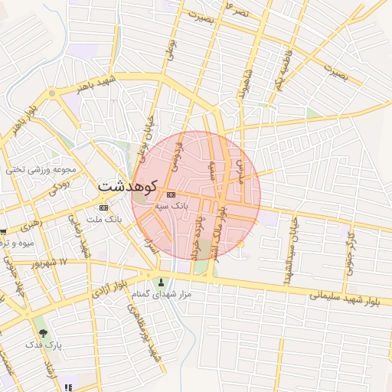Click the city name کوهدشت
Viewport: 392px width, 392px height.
pos(126,186)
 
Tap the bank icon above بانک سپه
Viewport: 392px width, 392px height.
pos(171,194)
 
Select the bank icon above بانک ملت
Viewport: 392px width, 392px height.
pos(103,207)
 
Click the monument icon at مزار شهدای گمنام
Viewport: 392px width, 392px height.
pos(160,282)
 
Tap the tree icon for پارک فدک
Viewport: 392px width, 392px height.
pos(43,333)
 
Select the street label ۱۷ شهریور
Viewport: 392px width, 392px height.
pos(51,263)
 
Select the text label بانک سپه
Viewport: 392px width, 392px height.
pos(171,206)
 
